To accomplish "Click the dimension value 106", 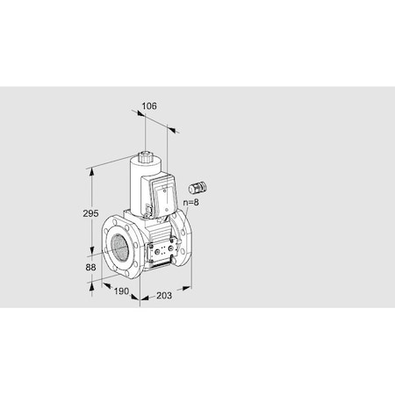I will pos(148,106).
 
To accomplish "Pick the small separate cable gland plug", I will pos(196,187).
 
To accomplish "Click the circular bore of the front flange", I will pos(118,245).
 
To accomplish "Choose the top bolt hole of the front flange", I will pos(118,219).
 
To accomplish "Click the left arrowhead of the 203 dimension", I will pos(141,298).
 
